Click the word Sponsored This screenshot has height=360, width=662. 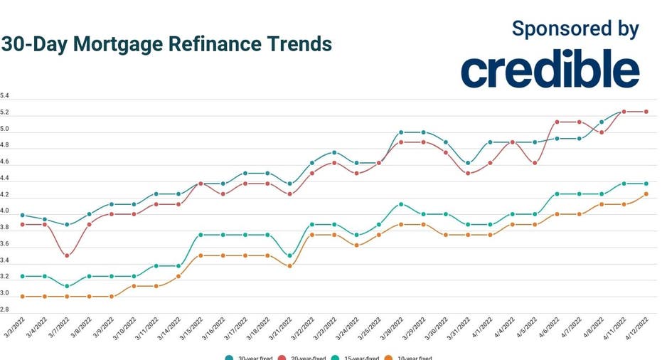[x=552, y=28]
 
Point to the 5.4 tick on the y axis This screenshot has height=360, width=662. [x=5, y=95]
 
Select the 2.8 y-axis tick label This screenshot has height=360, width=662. [x=5, y=309]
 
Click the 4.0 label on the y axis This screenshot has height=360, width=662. [x=5, y=211]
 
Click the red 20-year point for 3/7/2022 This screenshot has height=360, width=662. [x=67, y=255]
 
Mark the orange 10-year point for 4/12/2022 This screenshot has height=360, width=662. [x=646, y=194]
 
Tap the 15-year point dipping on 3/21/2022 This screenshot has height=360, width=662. [x=289, y=255]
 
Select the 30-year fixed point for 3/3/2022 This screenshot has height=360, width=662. [x=23, y=215]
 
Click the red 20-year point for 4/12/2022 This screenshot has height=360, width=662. [x=646, y=111]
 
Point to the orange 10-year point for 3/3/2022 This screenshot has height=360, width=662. [x=23, y=296]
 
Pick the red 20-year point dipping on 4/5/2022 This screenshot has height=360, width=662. [x=535, y=163]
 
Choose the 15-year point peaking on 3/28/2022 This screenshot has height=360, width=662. [x=401, y=204]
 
